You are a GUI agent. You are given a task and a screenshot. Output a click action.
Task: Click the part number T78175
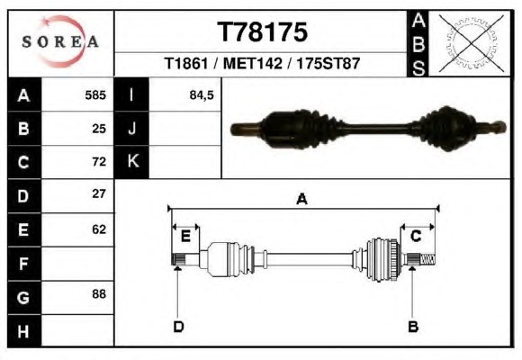tap(262, 32)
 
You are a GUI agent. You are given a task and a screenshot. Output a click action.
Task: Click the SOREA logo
tap(60, 41)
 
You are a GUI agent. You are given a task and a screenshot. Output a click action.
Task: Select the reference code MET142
tap(253, 63)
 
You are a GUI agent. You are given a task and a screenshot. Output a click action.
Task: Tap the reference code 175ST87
tap(328, 63)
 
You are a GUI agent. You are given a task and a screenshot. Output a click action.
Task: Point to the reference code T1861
tap(186, 63)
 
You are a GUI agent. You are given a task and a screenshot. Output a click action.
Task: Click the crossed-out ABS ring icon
tap(471, 43)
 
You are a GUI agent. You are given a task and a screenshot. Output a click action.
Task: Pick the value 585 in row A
tap(95, 95)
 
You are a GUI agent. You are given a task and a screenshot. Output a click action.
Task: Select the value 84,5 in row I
tap(202, 95)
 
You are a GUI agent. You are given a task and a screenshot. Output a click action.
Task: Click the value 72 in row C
tap(99, 162)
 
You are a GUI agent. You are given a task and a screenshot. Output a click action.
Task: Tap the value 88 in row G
tap(99, 294)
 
